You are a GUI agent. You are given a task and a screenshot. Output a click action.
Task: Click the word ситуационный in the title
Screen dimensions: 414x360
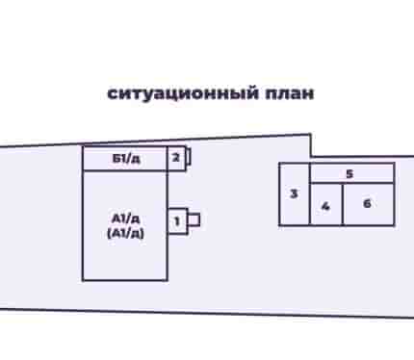pyautogui.click(x=183, y=94)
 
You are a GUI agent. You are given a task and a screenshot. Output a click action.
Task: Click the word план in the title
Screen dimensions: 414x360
pyautogui.click(x=290, y=93)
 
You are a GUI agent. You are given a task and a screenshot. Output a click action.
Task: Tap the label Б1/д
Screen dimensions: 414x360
pyautogui.click(x=126, y=159)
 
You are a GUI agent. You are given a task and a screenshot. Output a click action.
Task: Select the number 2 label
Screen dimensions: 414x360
pyautogui.click(x=176, y=158)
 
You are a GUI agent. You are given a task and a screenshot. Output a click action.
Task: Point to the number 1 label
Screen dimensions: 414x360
pyautogui.click(x=177, y=221)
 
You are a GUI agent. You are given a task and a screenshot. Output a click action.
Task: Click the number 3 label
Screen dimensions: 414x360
pyautogui.click(x=294, y=193)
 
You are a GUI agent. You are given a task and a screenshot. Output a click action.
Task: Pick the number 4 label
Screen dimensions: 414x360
pyautogui.click(x=325, y=206)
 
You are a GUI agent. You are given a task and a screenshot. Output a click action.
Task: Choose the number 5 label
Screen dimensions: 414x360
pyautogui.click(x=349, y=174)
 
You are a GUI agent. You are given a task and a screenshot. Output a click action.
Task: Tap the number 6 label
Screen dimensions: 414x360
pyautogui.click(x=367, y=203)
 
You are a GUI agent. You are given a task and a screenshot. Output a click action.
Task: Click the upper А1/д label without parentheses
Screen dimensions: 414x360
pyautogui.click(x=125, y=219)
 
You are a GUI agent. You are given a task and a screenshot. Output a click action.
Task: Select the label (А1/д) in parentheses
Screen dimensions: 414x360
pyautogui.click(x=125, y=233)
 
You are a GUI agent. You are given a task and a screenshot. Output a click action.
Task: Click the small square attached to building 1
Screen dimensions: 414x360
pyautogui.click(x=194, y=220)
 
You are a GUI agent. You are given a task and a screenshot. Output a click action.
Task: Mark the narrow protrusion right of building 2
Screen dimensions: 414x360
pyautogui.click(x=189, y=157)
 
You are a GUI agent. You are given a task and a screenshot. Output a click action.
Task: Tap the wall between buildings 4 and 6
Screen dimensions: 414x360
pyautogui.click(x=343, y=204)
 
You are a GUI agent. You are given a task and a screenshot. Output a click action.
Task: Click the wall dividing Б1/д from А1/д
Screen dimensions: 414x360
pyautogui.click(x=125, y=170)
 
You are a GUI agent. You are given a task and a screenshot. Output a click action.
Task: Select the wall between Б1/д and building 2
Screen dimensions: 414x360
pyautogui.click(x=168, y=159)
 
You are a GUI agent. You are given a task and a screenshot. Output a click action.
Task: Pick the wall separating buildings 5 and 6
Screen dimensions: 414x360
pyautogui.click(x=369, y=183)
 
